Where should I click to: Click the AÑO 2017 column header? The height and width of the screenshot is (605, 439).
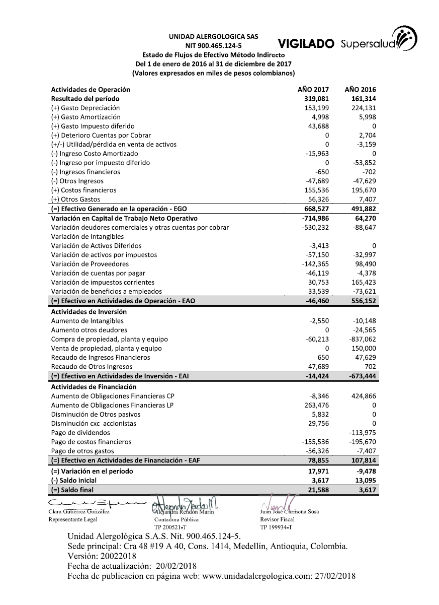coord(314,90)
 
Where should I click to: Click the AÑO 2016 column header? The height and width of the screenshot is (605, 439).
coord(361,90)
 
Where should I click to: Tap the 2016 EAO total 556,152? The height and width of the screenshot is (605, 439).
coord(363,301)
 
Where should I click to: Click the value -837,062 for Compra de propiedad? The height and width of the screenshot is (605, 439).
coord(362,339)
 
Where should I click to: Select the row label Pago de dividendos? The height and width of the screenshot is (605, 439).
coord(80,432)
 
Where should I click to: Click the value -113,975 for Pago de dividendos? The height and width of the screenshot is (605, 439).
coord(362,432)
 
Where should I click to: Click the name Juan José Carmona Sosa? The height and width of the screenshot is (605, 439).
coord(290,511)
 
